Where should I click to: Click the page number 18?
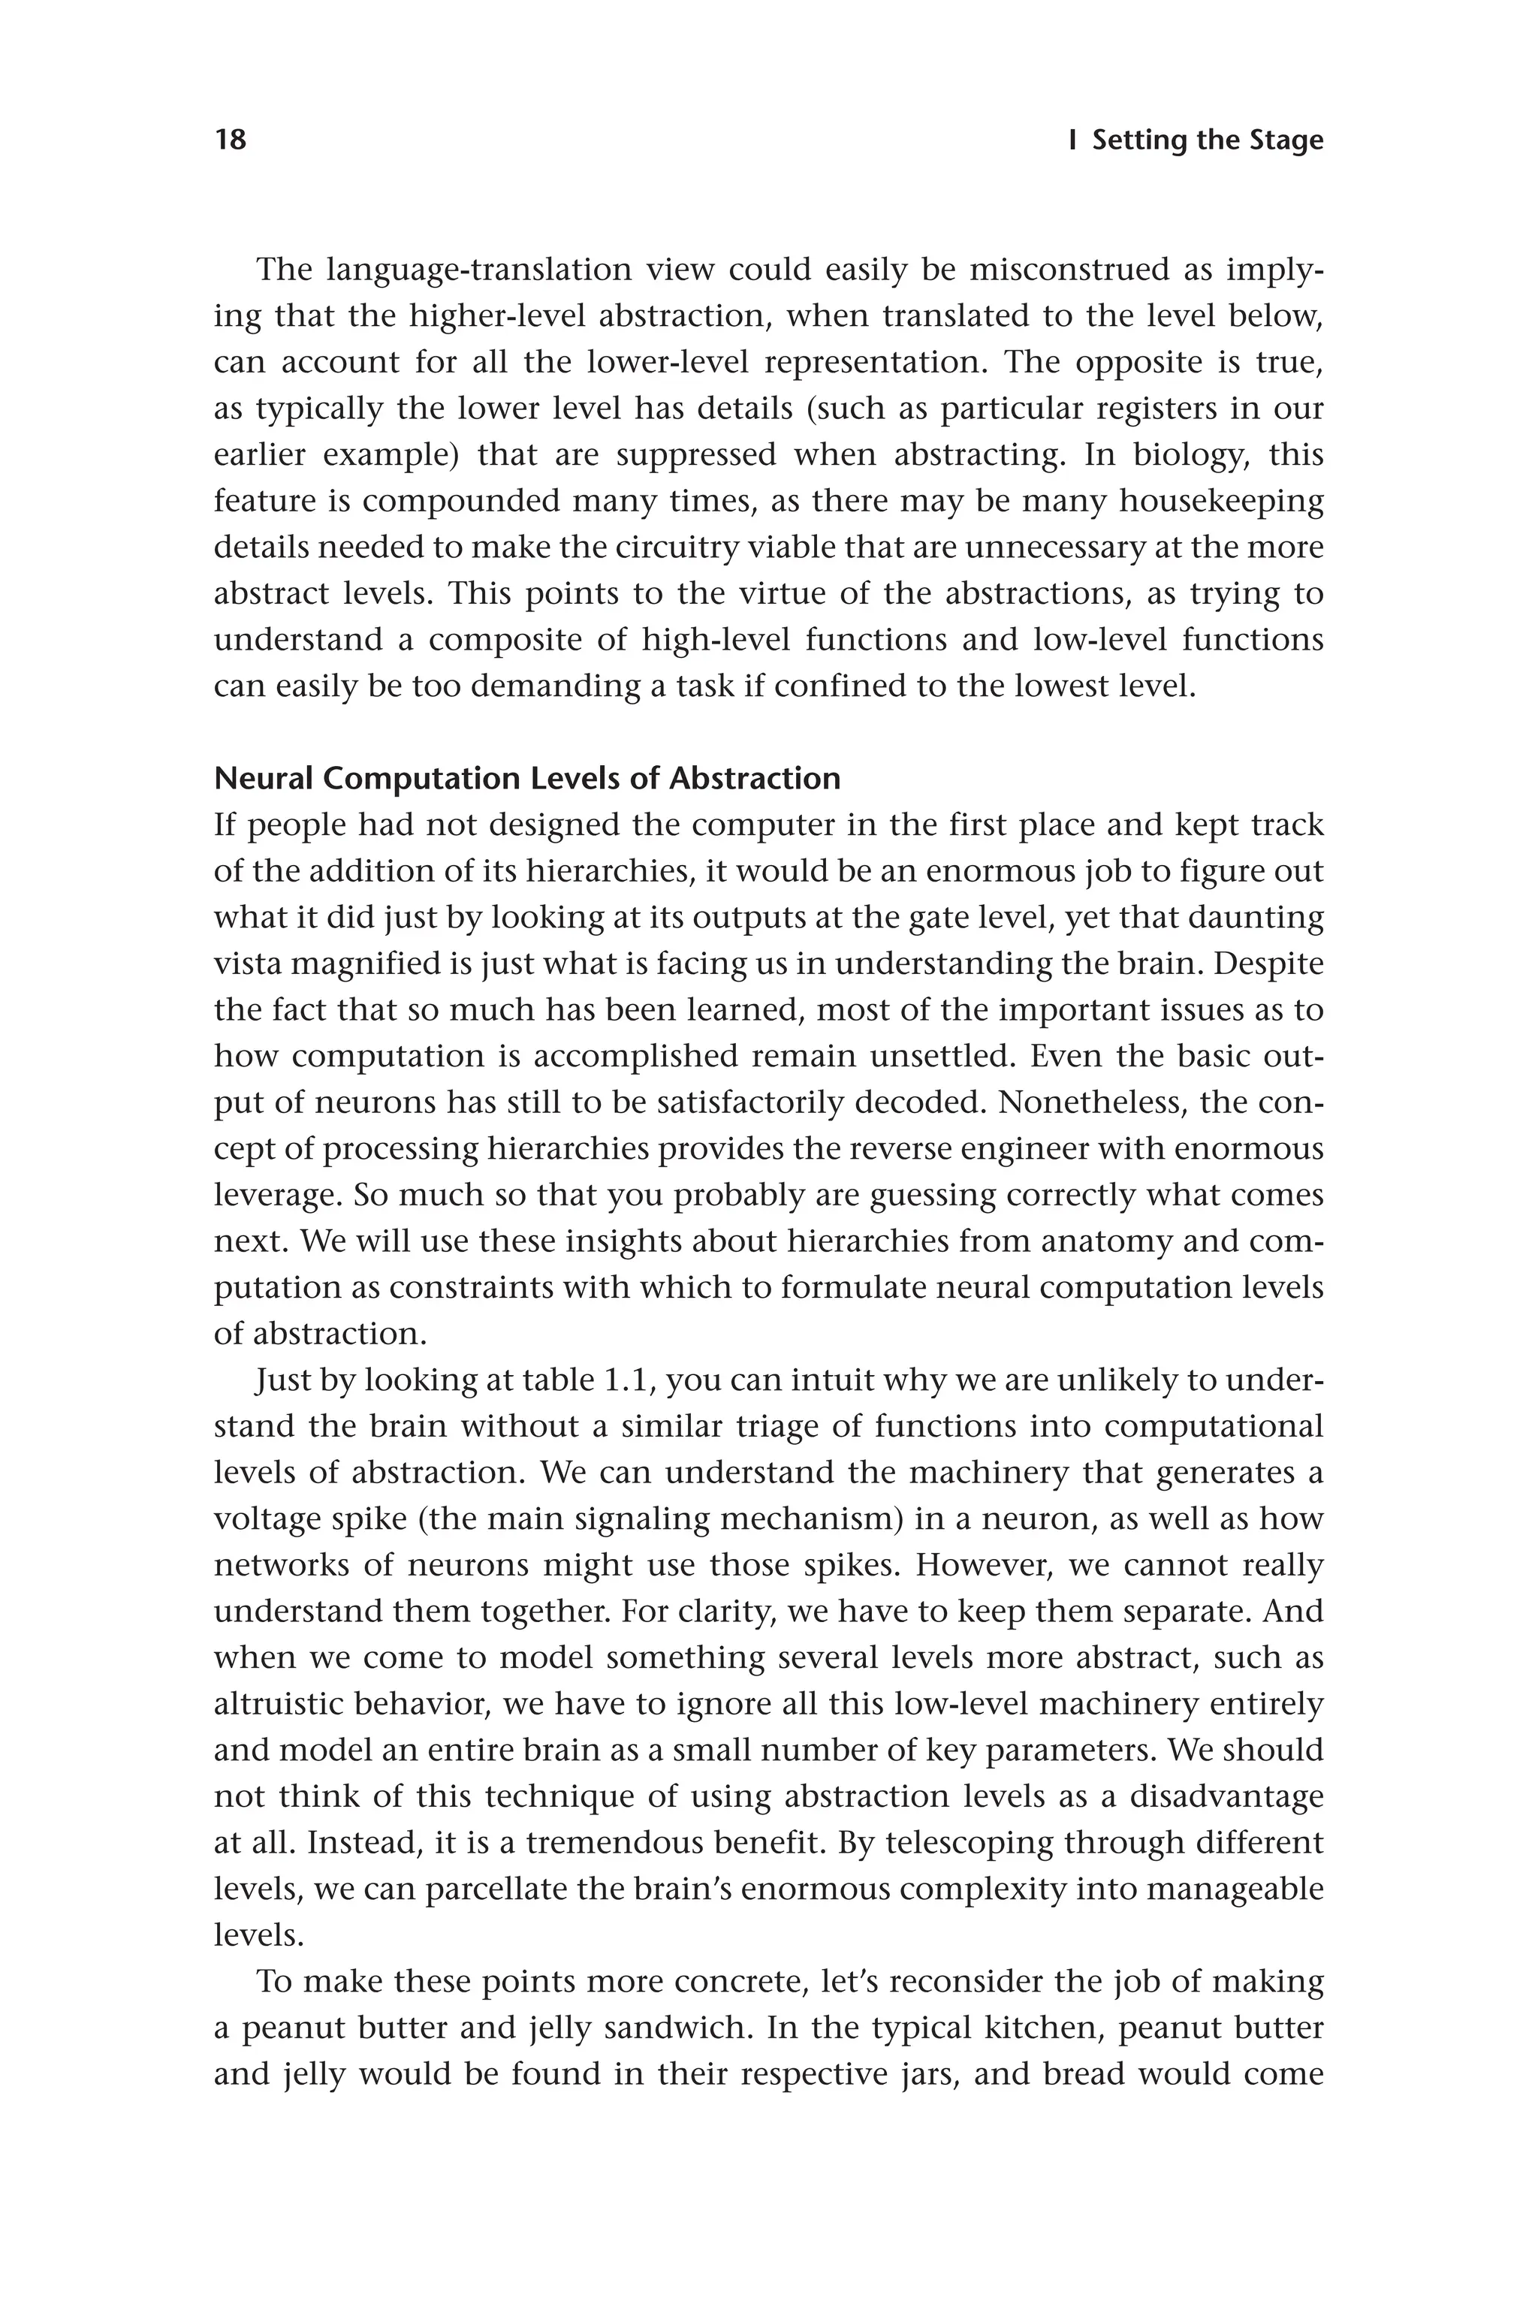point(231,140)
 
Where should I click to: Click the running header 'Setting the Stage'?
point(1208,140)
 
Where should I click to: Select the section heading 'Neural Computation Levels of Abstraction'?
point(526,778)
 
